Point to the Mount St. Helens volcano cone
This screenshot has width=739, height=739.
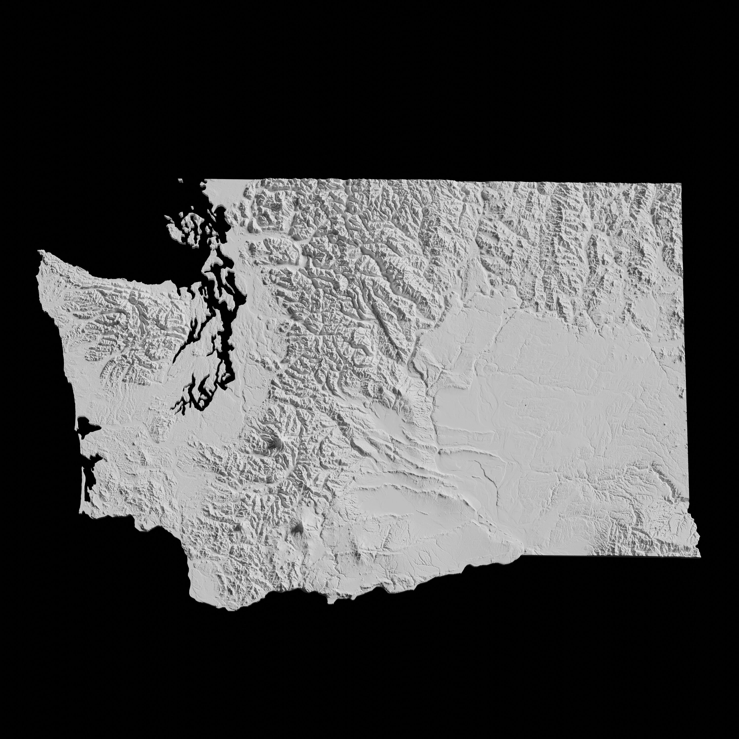coord(238,528)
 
